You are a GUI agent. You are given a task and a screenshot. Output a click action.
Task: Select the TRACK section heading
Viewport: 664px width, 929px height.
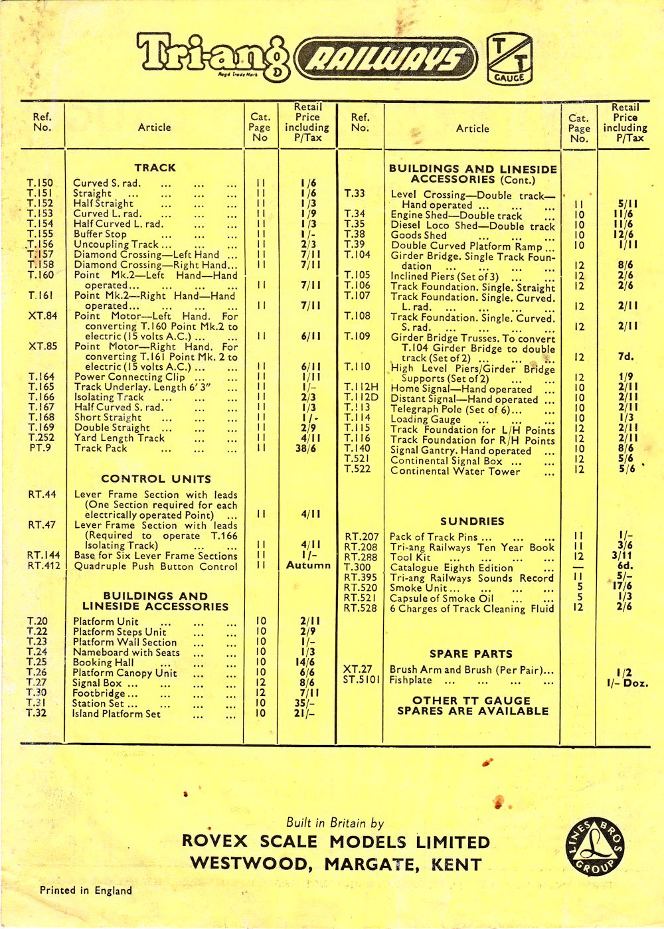155,168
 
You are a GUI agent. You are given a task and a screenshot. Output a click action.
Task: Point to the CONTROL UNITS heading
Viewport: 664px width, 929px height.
156,479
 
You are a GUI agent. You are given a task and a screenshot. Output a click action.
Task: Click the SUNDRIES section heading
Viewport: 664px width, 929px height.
472,521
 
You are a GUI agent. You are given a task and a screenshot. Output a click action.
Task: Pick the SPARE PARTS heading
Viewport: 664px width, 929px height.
471,654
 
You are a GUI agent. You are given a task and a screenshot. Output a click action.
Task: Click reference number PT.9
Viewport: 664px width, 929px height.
40,448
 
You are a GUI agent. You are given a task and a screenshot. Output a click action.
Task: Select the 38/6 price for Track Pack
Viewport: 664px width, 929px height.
306,449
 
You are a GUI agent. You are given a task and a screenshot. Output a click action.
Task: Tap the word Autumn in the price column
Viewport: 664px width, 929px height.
308,565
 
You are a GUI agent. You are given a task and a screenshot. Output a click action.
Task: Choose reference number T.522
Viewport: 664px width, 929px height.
357,469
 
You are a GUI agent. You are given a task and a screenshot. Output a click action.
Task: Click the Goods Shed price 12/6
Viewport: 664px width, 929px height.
624,234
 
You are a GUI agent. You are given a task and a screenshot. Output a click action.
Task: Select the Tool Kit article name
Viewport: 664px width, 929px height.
410,557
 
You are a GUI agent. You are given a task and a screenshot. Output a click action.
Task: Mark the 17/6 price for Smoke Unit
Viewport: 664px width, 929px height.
623,586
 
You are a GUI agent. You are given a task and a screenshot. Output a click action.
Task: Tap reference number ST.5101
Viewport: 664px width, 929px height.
362,680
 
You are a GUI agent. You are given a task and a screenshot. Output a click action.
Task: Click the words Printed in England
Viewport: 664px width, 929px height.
86,890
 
